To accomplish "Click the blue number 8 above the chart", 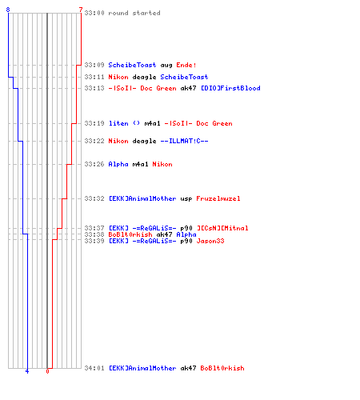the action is coord(8,10).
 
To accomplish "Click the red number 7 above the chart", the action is coord(81,10).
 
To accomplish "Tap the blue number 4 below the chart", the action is coord(27,371).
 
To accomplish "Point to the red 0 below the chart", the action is coord(47,371).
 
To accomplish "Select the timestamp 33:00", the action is coord(94,13).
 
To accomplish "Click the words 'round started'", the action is coord(134,13).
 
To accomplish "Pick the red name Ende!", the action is coord(186,65).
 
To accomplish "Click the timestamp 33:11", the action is coord(94,77).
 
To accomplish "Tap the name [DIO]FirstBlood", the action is coord(230,88).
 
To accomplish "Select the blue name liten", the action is coord(118,123).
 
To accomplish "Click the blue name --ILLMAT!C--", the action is coord(184,141).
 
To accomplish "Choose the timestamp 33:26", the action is coord(94,164).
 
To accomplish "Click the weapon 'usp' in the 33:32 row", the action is coord(186,198).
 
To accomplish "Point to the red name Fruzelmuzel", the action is coord(218,198).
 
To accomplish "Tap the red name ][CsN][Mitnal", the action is coord(222,228).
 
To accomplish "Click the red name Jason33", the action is coord(210,241).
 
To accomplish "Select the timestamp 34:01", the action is coord(94,368).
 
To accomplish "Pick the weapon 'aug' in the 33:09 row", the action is coord(166,66).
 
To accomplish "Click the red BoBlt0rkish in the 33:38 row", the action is coord(130,234).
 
